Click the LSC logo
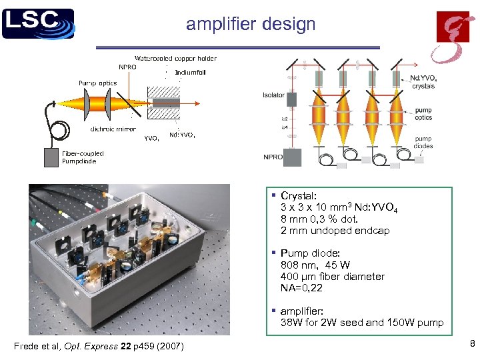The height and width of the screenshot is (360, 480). pyautogui.click(x=38, y=23)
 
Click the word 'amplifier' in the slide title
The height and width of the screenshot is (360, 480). pyautogui.click(x=213, y=25)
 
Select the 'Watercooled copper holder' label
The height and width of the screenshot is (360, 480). pyautogui.click(x=176, y=58)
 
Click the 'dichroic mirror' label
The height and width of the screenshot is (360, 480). pyautogui.click(x=113, y=129)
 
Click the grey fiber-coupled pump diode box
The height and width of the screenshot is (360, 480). pyautogui.click(x=51, y=157)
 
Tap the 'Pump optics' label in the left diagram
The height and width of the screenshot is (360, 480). pyautogui.click(x=97, y=83)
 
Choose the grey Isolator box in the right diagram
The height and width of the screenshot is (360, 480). pyautogui.click(x=291, y=100)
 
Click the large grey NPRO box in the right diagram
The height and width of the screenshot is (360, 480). pyautogui.click(x=292, y=157)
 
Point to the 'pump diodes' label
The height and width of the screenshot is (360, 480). pyautogui.click(x=423, y=143)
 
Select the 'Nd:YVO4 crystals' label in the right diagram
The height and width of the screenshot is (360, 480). pyautogui.click(x=424, y=82)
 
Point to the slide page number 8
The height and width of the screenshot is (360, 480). pyautogui.click(x=472, y=344)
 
